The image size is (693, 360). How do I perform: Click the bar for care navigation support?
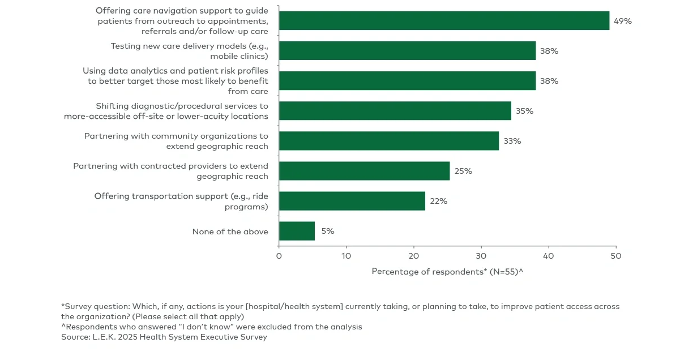(444, 21)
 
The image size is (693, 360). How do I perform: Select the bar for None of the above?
(297, 231)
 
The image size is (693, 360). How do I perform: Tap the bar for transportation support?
(352, 201)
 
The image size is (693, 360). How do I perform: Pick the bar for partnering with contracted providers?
(364, 171)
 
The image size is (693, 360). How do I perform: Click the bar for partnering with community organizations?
(388, 141)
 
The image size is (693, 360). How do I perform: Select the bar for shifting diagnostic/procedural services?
(395, 111)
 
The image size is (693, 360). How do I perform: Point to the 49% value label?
(622, 21)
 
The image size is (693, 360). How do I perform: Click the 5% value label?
(327, 231)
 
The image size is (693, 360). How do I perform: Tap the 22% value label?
(438, 201)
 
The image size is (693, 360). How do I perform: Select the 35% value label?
(524, 111)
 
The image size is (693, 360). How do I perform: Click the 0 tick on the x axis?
(279, 256)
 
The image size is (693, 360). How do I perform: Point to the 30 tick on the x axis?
(481, 256)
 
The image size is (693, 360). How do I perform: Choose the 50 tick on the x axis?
(616, 256)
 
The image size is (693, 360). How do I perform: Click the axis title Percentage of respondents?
(447, 272)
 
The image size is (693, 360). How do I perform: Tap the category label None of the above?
(230, 232)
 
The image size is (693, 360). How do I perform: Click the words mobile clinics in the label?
(238, 57)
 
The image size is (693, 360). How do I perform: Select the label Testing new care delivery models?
(189, 46)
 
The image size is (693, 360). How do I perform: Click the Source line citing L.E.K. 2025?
(164, 337)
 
